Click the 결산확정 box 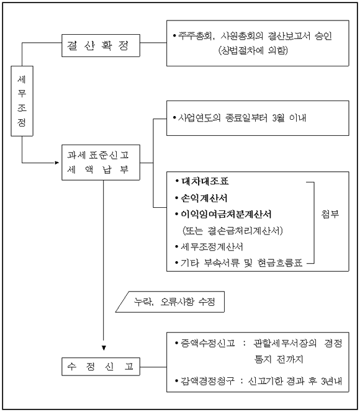click(101, 45)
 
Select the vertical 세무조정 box click(22, 101)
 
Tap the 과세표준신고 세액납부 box click(101, 163)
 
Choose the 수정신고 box click(101, 367)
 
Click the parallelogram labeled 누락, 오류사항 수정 click(170, 302)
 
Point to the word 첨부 click(330, 214)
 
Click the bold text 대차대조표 click(205, 181)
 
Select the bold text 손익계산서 click(204, 198)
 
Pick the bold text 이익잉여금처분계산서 click(226, 214)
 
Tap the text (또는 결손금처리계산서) click(233, 231)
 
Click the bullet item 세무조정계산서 click(212, 247)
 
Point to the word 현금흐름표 click(280, 262)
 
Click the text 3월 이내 click(289, 118)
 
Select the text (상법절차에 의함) click(253, 50)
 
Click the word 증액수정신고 click(208, 343)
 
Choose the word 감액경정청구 click(207, 381)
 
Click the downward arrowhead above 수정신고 click(104, 348)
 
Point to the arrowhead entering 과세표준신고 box click(57, 163)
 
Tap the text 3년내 click(331, 381)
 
